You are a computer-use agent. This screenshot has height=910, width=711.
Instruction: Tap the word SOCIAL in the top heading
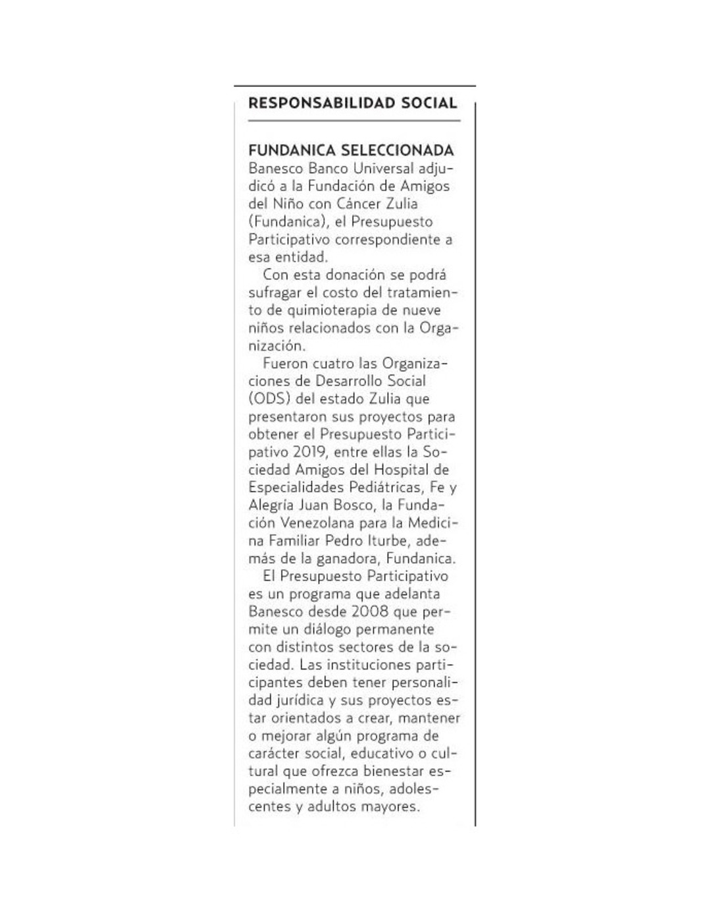[x=429, y=103]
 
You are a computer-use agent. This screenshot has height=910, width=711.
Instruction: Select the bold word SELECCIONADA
[x=398, y=150]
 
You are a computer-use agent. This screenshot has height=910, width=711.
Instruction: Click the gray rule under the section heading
[x=354, y=121]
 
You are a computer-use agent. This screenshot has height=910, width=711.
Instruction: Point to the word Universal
[x=384, y=169]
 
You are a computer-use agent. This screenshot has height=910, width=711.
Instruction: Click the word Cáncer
[x=359, y=204]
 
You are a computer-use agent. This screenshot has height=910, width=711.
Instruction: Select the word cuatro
[x=333, y=364]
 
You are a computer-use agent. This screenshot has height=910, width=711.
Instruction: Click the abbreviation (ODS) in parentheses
[x=269, y=399]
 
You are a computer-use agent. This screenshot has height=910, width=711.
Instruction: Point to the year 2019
[x=309, y=453]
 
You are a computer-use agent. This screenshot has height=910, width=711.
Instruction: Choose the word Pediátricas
[x=384, y=488]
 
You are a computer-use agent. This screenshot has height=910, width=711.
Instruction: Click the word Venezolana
[x=317, y=523]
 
